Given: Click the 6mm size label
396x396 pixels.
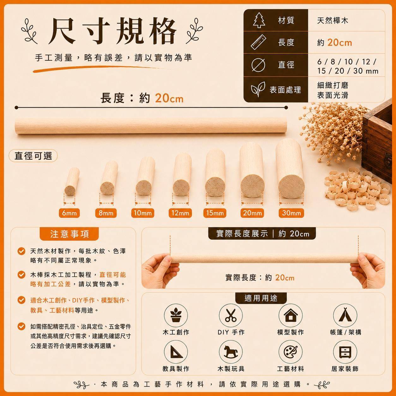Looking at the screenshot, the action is pos(69,213).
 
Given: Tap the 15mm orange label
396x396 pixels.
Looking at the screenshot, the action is pos(215,213).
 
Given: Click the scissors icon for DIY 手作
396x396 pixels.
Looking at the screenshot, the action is pos(231,315).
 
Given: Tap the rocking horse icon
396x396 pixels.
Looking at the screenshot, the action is pos(231,352).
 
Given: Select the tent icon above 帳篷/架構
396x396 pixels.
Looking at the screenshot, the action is pos(345,315).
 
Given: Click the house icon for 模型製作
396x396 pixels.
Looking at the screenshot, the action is pos(291,315).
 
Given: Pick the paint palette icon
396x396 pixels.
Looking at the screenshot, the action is pos(291,352).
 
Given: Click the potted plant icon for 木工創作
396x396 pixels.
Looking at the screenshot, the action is pos(176,315).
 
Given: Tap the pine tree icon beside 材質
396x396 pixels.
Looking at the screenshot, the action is pos(259,20).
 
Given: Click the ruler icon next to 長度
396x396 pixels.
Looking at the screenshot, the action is pos(258,42).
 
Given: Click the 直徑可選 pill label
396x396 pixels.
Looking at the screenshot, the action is pos(33,156).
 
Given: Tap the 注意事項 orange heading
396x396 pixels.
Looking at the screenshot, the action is pos(69,234).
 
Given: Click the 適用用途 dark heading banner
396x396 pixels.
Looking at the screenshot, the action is pos(261,298).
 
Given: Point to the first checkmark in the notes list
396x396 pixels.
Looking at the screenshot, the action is pos(21,251).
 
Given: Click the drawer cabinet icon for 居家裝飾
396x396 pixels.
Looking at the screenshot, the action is pos(345,352).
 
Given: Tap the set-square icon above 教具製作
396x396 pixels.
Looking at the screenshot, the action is pos(176,352).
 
